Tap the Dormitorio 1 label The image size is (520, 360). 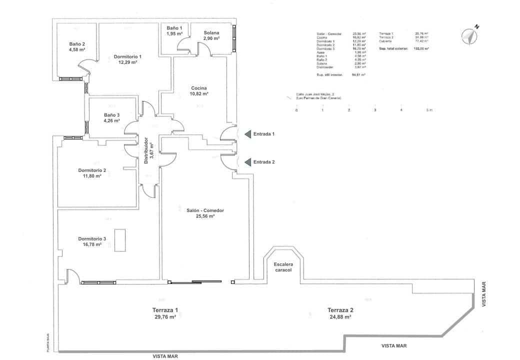tap(127, 59)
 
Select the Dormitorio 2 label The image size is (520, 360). tap(92, 173)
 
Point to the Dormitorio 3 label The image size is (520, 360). tap(92, 241)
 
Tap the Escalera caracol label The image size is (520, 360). tap(283, 266)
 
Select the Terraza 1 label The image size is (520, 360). tap(165, 313)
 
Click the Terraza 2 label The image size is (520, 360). tap(340, 313)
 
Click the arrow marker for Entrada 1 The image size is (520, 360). tap(247, 134)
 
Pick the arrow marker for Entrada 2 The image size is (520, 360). tap(247, 161)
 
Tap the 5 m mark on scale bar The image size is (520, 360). tap(428, 109)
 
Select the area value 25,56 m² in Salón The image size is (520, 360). tap(205, 216)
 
